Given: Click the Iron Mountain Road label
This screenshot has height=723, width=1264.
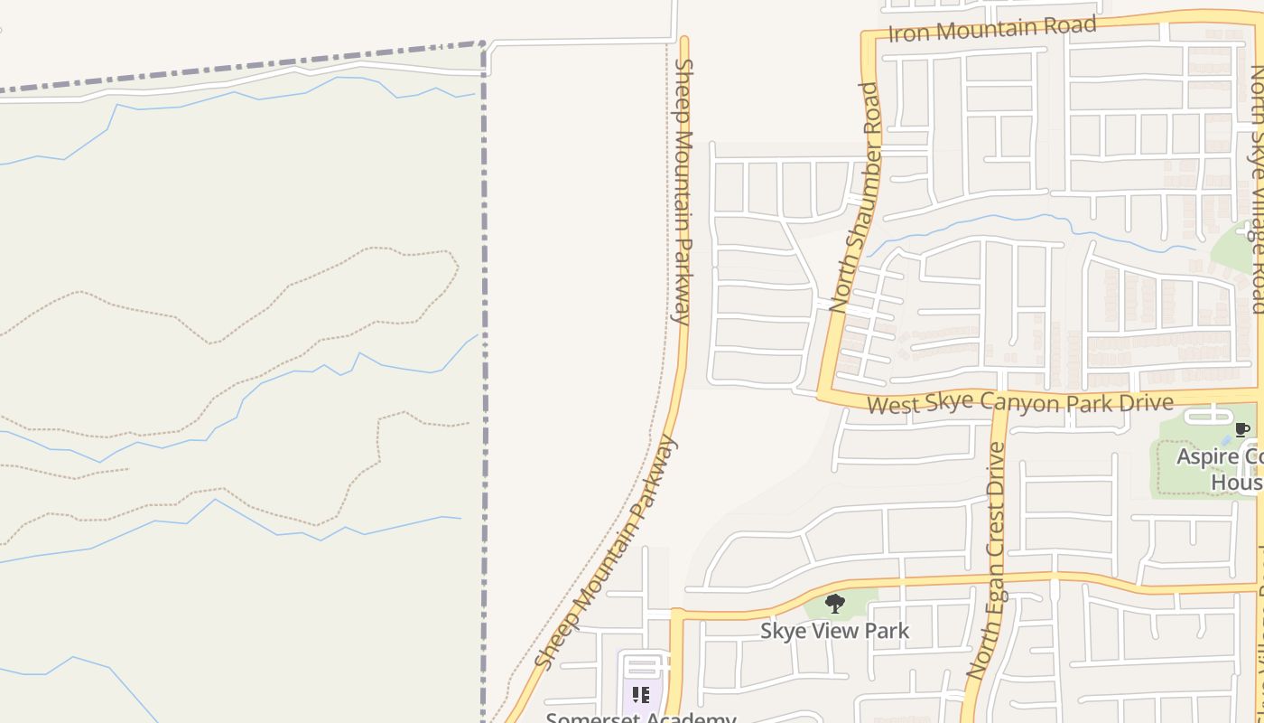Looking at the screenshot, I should pos(992,29).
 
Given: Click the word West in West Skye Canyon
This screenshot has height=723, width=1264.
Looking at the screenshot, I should pos(893,406).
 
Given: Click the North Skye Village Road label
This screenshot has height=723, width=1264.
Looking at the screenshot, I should pos(1258,190).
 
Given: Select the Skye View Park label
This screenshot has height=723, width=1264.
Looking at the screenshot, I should pos(834,630).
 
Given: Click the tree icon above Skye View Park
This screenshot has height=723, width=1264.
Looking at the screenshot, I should pos(835,603).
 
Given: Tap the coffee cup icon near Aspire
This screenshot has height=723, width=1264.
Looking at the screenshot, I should pos(1242,429).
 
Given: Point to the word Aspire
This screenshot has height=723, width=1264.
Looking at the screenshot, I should pos(1206,457).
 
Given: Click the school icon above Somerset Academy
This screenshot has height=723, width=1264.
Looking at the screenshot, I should pos(640,695).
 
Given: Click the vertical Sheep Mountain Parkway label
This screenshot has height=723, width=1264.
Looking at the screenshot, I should pos(683,191).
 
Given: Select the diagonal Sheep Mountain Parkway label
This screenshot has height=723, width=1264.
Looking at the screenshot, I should pos(605,552).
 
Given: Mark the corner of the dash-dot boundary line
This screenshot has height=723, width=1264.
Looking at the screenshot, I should pos(484,42).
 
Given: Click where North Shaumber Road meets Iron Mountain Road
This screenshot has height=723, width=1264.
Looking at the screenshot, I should pos(867,37).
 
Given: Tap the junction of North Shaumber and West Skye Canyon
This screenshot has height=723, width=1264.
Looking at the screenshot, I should pos(824,395).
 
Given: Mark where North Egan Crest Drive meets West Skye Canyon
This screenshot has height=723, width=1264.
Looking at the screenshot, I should pos(999,403).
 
